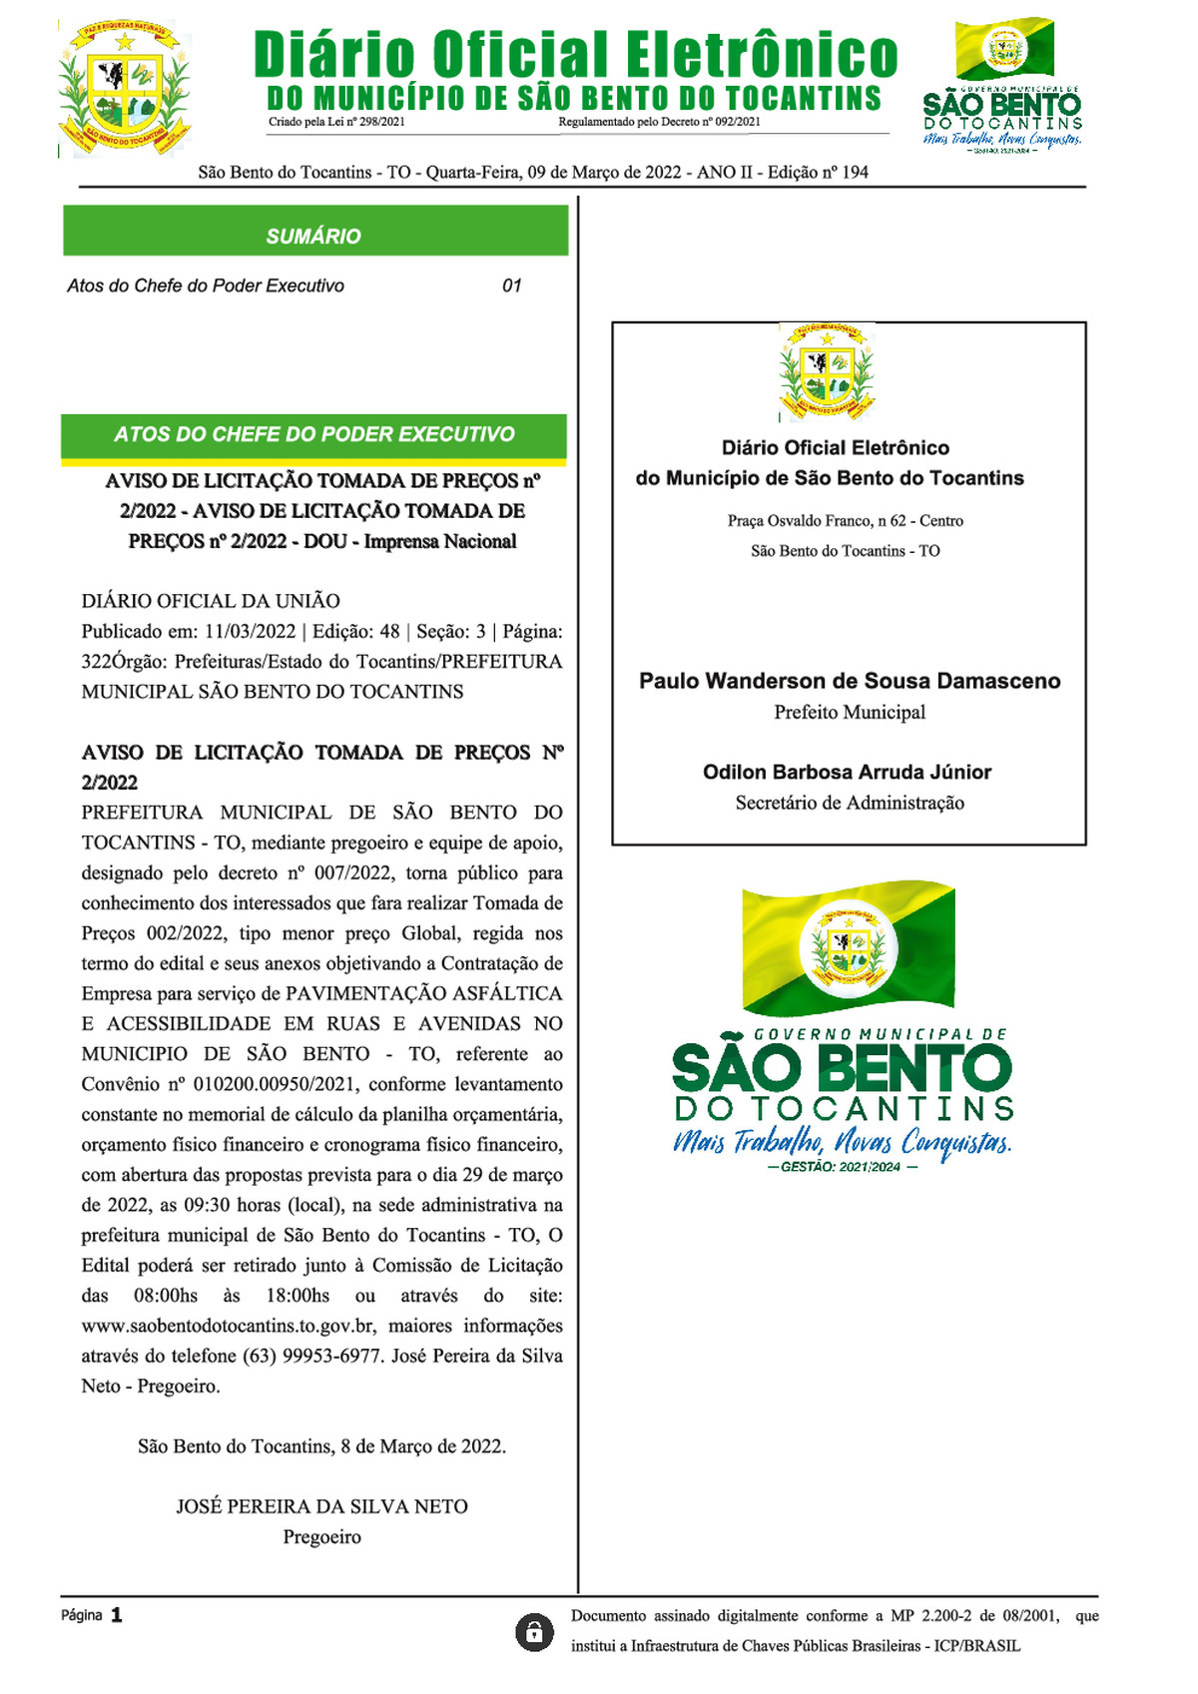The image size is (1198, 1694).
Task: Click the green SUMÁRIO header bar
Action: (x=314, y=236)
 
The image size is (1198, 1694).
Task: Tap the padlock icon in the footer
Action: (x=534, y=1632)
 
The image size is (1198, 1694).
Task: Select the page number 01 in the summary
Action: (x=511, y=285)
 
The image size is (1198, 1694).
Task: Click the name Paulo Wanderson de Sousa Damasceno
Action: (x=850, y=681)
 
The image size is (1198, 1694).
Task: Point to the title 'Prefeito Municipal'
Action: (x=850, y=712)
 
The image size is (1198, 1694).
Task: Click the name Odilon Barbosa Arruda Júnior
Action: (x=847, y=772)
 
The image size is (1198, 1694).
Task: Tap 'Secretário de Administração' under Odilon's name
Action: (x=850, y=803)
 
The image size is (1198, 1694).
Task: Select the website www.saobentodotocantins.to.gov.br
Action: (x=229, y=1326)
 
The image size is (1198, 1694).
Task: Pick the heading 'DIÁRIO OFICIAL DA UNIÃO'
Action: (x=211, y=601)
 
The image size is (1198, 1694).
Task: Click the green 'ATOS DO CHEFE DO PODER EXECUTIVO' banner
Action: (x=314, y=434)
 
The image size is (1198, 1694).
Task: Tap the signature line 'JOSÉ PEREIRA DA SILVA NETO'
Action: (x=321, y=1506)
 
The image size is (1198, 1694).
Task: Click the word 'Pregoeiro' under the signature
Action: (x=321, y=1537)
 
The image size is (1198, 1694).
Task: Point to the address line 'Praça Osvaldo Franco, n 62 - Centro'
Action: (x=845, y=520)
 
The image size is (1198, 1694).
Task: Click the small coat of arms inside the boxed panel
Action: (x=827, y=371)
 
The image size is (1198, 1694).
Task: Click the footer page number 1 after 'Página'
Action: (x=117, y=1615)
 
